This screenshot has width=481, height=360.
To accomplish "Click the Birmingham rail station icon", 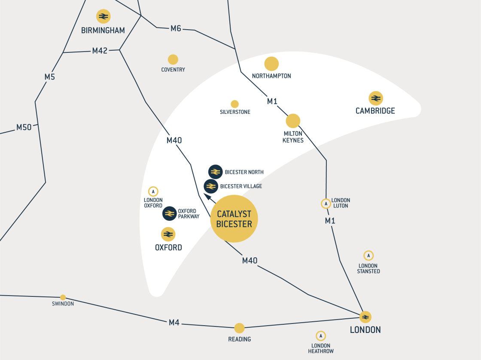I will (103, 16).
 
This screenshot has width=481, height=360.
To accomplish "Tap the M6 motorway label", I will (176, 28).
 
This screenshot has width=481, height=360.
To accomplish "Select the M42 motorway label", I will (100, 51).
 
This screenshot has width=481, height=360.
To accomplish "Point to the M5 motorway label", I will (50, 77).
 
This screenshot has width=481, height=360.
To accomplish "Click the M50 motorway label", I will (24, 127).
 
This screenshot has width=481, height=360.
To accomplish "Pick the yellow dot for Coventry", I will (173, 60).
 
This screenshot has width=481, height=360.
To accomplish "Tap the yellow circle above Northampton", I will (271, 64).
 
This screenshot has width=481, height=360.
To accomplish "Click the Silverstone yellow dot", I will (234, 104).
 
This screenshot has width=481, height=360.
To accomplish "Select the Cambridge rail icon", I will (375, 98).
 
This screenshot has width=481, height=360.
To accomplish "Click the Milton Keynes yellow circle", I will (293, 121).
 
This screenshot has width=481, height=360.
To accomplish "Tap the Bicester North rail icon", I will (215, 172).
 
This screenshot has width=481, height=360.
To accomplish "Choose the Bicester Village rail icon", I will (210, 186).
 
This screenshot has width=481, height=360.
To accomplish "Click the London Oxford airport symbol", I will (153, 192).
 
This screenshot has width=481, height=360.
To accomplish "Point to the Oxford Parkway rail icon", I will (169, 214).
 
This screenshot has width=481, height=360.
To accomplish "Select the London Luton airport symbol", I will (326, 204).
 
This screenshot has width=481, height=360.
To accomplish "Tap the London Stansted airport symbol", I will (368, 256).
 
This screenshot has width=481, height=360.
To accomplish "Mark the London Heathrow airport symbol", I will (320, 336).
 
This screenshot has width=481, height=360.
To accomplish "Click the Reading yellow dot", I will (239, 328).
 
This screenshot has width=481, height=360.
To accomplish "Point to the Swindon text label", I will (63, 304).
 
